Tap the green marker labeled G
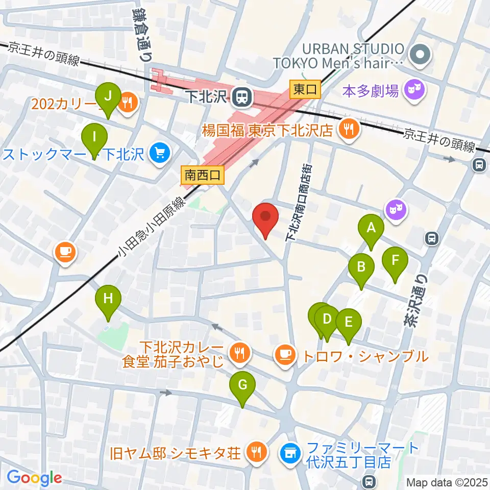[x=242, y=385]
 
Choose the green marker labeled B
[x=361, y=266]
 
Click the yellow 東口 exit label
[x=305, y=90]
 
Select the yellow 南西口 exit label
[x=203, y=176]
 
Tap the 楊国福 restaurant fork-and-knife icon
[x=349, y=129]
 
